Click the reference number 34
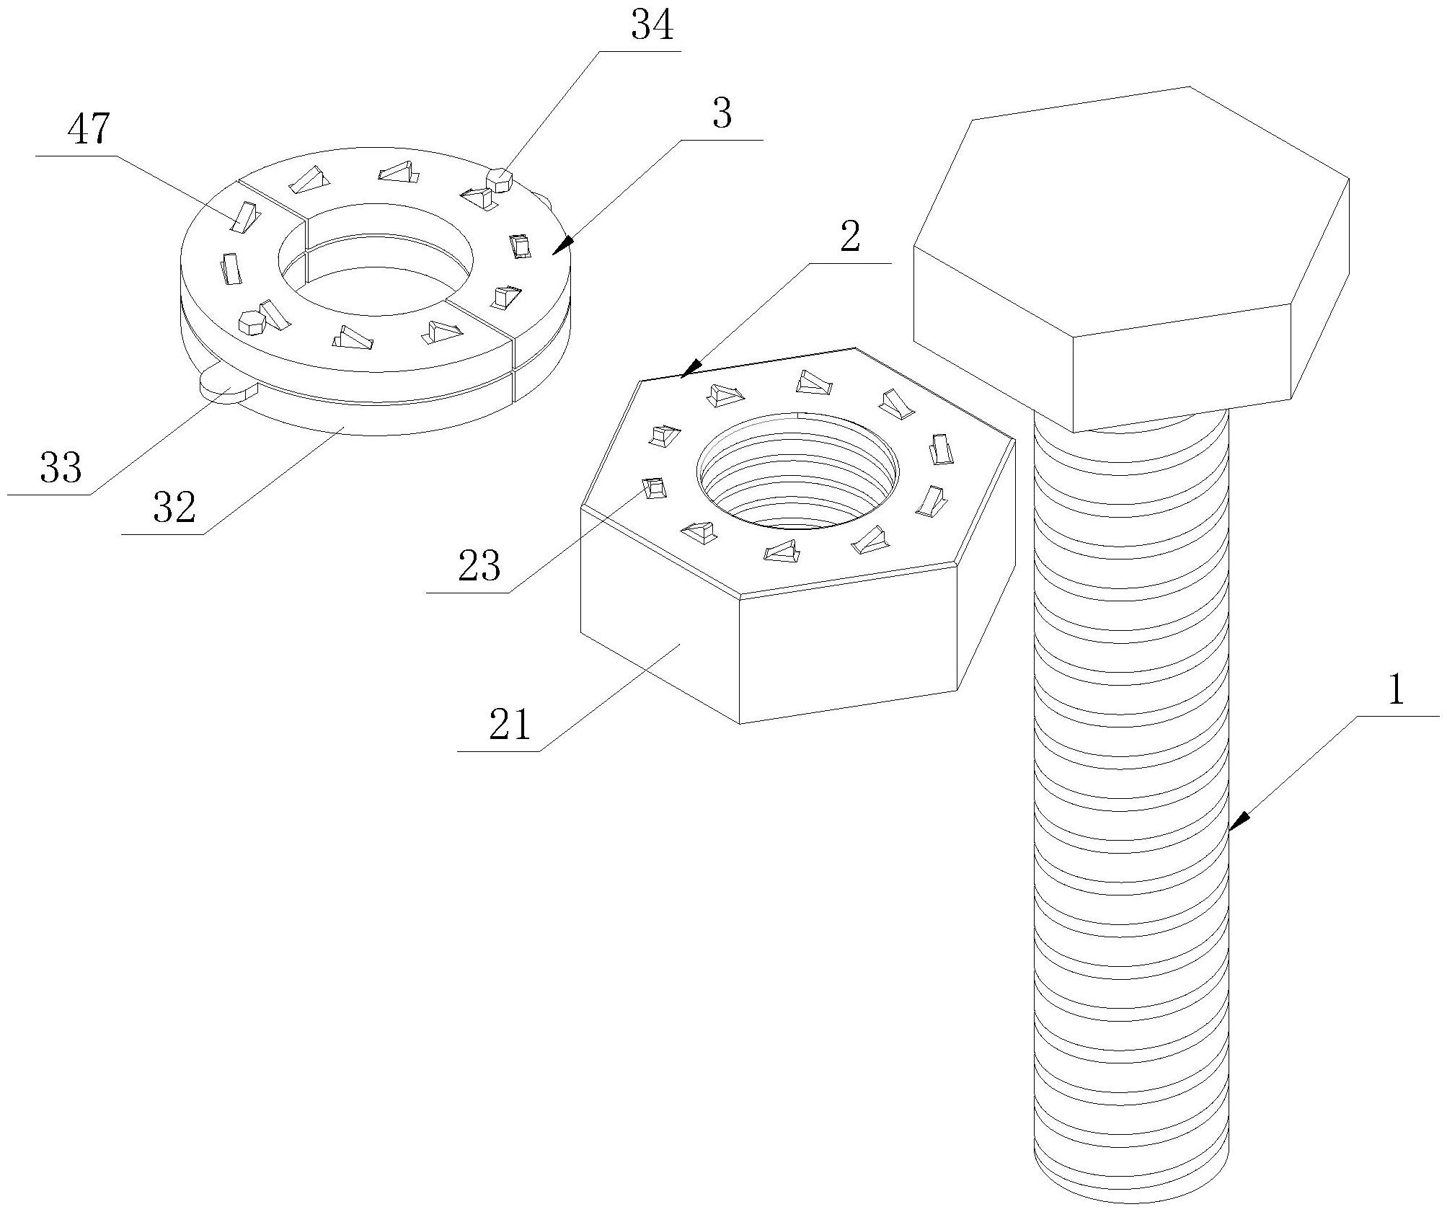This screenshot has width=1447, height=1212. pyautogui.click(x=652, y=25)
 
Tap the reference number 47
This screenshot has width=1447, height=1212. pyautogui.click(x=89, y=131)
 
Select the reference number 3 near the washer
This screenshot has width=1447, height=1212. pyautogui.click(x=721, y=115)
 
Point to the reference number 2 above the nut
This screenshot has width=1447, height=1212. pyautogui.click(x=850, y=236)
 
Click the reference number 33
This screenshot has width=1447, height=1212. pyautogui.click(x=61, y=468)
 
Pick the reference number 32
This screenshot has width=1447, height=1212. pyautogui.click(x=174, y=508)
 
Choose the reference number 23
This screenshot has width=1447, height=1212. pyautogui.click(x=479, y=566)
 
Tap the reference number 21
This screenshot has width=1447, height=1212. pyautogui.click(x=510, y=725)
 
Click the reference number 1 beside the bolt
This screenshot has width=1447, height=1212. pyautogui.click(x=1397, y=690)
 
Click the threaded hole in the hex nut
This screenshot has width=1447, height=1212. pyautogui.click(x=797, y=472)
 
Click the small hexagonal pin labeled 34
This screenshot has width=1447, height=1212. pyautogui.click(x=500, y=179)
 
